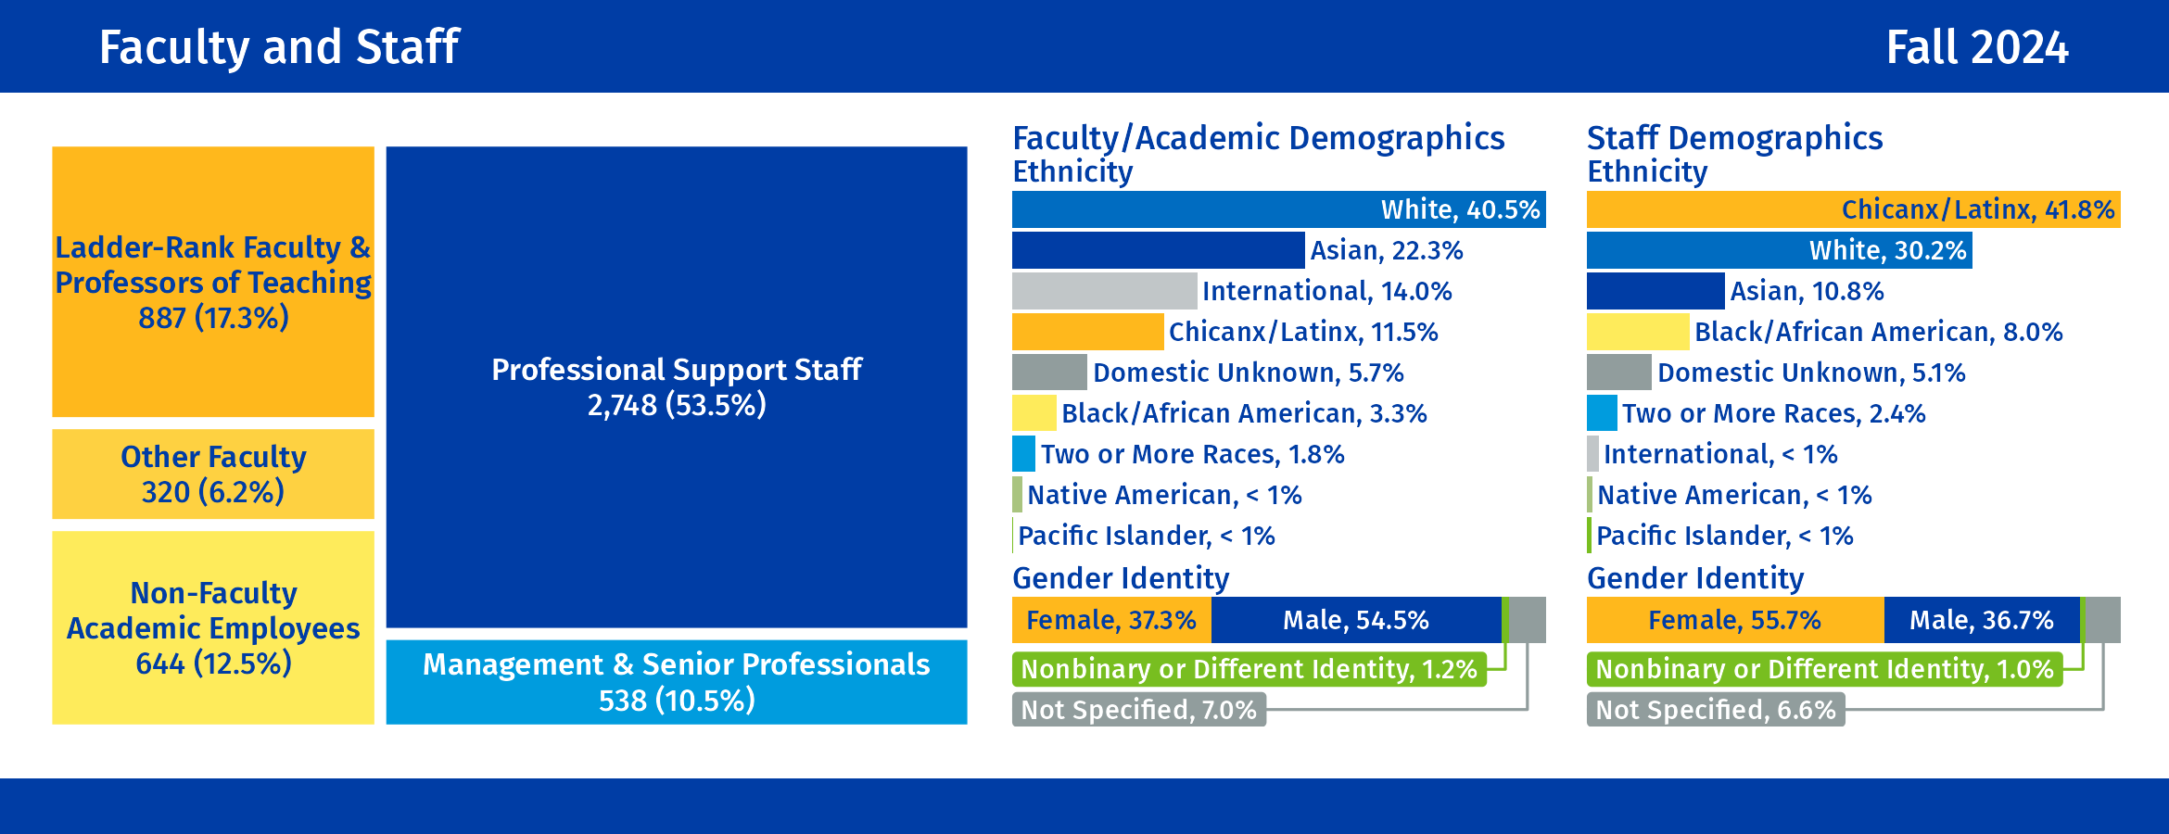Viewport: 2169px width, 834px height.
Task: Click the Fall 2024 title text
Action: (x=1976, y=47)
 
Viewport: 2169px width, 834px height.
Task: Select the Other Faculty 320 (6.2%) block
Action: (x=213, y=474)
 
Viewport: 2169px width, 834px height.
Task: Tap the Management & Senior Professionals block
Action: (x=676, y=682)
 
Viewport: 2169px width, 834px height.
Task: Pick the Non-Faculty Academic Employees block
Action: (x=213, y=627)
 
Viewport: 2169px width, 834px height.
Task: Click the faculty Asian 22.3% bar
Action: (x=1158, y=250)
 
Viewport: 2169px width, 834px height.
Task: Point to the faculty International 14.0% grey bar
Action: (x=1104, y=291)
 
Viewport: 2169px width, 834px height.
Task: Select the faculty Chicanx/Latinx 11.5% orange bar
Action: (x=1087, y=332)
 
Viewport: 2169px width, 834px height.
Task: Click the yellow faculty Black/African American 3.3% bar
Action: (x=1034, y=413)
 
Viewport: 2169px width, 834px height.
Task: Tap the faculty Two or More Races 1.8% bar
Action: (x=1023, y=454)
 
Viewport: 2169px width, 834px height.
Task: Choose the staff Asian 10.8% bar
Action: (x=1655, y=291)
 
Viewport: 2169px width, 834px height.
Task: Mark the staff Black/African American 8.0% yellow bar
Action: (x=1638, y=332)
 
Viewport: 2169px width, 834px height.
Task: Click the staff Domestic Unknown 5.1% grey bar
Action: (x=1618, y=373)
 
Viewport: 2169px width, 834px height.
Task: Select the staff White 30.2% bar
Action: (x=1779, y=250)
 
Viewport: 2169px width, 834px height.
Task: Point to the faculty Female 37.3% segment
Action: (x=1111, y=620)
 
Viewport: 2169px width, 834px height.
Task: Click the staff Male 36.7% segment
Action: (x=1982, y=620)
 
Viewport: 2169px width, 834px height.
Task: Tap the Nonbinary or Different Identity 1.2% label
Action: (x=1249, y=669)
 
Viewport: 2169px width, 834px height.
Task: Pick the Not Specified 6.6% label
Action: (x=1715, y=710)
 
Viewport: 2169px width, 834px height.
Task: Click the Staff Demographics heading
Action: (x=1734, y=138)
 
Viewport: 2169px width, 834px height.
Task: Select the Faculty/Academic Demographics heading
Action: (x=1258, y=138)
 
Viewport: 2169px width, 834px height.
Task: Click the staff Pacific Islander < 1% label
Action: (x=1724, y=536)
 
